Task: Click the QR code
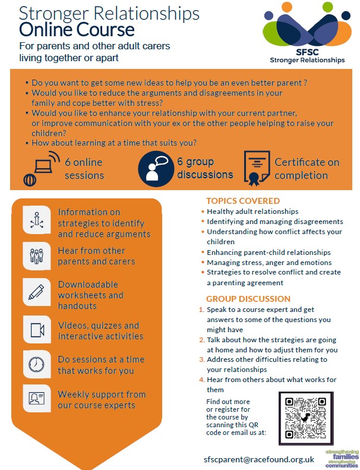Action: (x=303, y=418)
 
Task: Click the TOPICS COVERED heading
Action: (x=242, y=201)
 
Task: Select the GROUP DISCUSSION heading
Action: (x=248, y=299)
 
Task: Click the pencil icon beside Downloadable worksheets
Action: (x=37, y=292)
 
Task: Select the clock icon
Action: (x=37, y=362)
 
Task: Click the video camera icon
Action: (x=37, y=329)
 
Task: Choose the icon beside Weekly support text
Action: (x=37, y=398)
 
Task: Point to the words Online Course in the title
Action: (x=77, y=29)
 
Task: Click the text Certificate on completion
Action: (x=307, y=169)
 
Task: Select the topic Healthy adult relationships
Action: (x=252, y=211)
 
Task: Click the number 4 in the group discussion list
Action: (x=202, y=380)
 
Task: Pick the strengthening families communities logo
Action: (x=340, y=458)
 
